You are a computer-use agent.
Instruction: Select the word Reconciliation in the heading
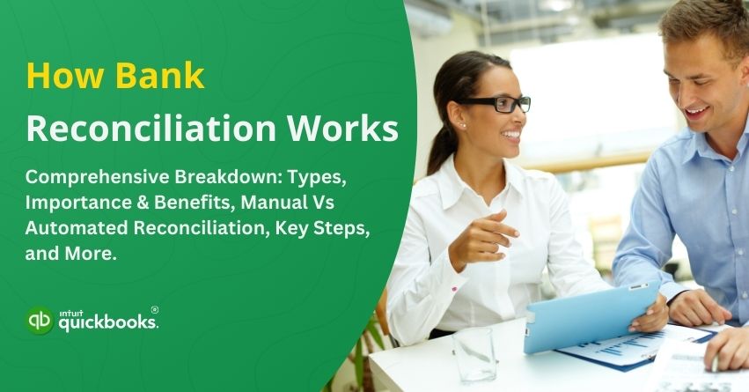[x=129, y=129]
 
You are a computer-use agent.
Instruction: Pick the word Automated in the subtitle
[x=76, y=226]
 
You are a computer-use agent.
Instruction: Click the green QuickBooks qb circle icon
[x=39, y=321]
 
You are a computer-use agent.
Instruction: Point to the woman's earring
[x=462, y=126]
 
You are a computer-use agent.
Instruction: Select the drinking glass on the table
[x=474, y=353]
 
